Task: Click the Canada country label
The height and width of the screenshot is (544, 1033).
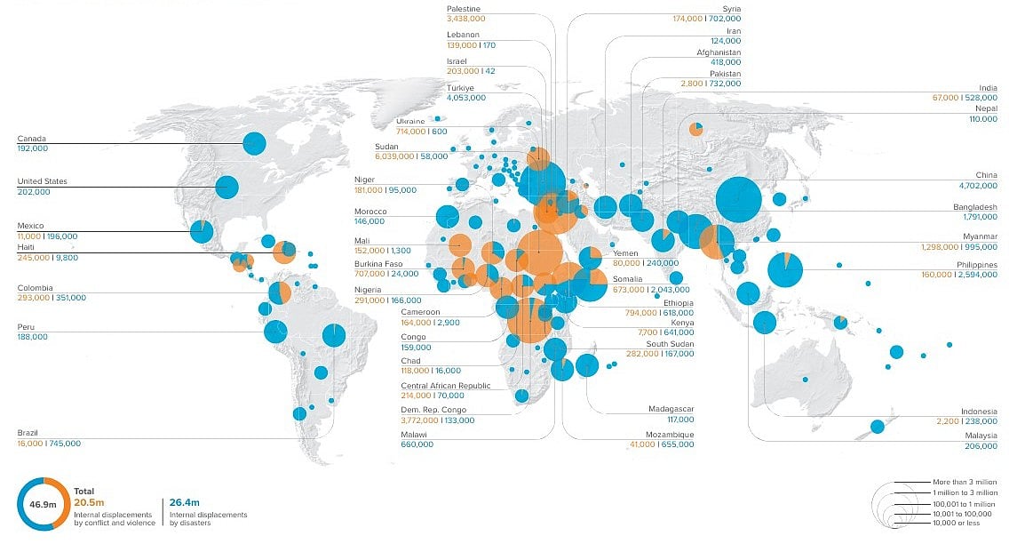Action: [31, 139]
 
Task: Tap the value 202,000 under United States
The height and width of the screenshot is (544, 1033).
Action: [33, 191]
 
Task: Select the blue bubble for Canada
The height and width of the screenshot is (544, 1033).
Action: [255, 143]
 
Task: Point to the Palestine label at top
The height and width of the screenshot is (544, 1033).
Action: [464, 8]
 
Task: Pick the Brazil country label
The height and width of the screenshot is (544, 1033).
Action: [28, 433]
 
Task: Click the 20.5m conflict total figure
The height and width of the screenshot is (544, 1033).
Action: [87, 501]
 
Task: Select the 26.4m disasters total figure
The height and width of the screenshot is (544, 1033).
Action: [182, 501]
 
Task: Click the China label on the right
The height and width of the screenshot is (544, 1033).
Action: [986, 175]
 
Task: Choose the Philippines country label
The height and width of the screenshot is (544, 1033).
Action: [977, 265]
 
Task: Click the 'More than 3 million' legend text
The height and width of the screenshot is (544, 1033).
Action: [965, 481]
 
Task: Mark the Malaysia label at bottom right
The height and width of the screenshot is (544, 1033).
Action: [981, 436]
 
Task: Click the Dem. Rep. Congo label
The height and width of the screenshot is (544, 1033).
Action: [433, 410]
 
